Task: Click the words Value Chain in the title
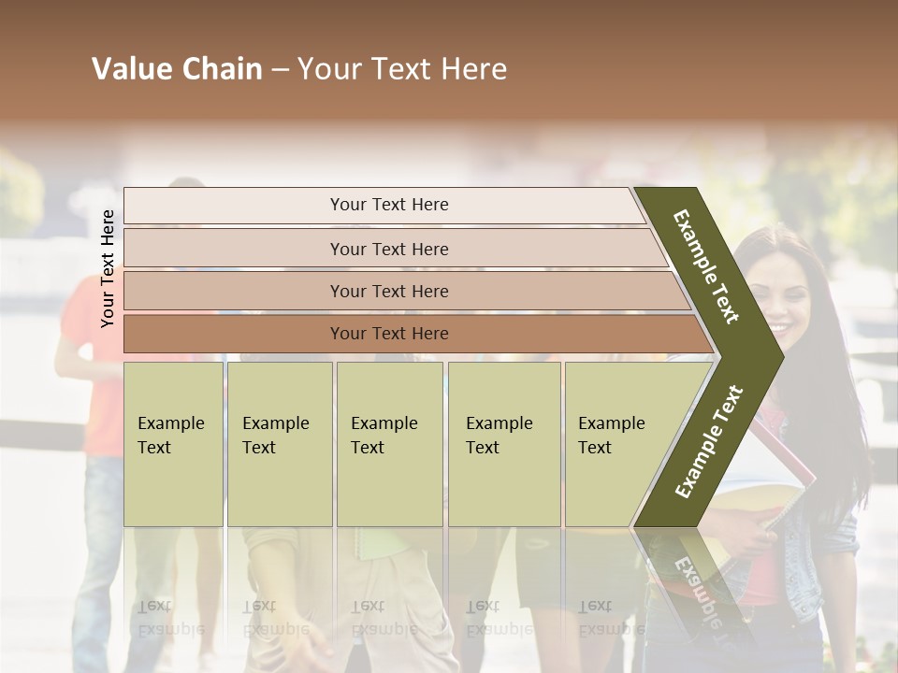click(177, 69)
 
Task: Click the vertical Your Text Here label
click(108, 268)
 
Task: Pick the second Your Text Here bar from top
click(388, 249)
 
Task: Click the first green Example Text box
click(173, 444)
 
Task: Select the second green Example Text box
click(280, 444)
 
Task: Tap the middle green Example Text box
click(389, 444)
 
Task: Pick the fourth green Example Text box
click(504, 444)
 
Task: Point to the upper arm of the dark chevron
click(706, 266)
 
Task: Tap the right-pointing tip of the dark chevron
click(772, 356)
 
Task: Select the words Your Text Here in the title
click(402, 69)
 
